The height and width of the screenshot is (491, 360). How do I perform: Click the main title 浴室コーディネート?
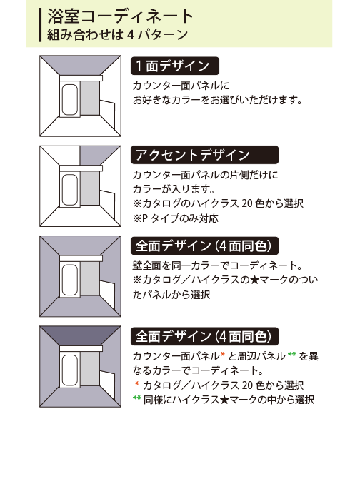(x=120, y=16)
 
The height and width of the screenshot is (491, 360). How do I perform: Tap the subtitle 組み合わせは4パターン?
(x=117, y=34)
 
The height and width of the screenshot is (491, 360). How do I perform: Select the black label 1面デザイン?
(x=174, y=66)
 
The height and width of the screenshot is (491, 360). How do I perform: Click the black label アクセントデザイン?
(x=204, y=155)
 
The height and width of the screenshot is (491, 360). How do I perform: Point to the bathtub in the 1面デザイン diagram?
(x=69, y=100)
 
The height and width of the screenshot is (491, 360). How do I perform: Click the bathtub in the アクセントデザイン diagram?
(x=69, y=190)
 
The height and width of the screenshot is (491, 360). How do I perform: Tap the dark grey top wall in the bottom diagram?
(x=80, y=336)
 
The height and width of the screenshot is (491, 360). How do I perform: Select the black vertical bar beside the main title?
(x=40, y=25)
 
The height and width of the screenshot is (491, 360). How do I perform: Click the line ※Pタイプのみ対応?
(x=175, y=218)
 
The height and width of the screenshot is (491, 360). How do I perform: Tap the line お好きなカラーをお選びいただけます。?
(x=217, y=100)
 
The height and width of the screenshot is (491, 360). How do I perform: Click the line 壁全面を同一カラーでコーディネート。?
(x=217, y=265)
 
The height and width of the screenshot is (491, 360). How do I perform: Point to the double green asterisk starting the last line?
(x=136, y=398)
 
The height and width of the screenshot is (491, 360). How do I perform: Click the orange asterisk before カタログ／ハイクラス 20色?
(x=136, y=384)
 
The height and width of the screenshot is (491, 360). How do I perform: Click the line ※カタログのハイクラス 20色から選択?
(x=218, y=203)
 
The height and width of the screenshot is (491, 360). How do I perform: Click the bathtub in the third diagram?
(x=69, y=280)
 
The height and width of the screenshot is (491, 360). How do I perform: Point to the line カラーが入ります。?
(x=174, y=189)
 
